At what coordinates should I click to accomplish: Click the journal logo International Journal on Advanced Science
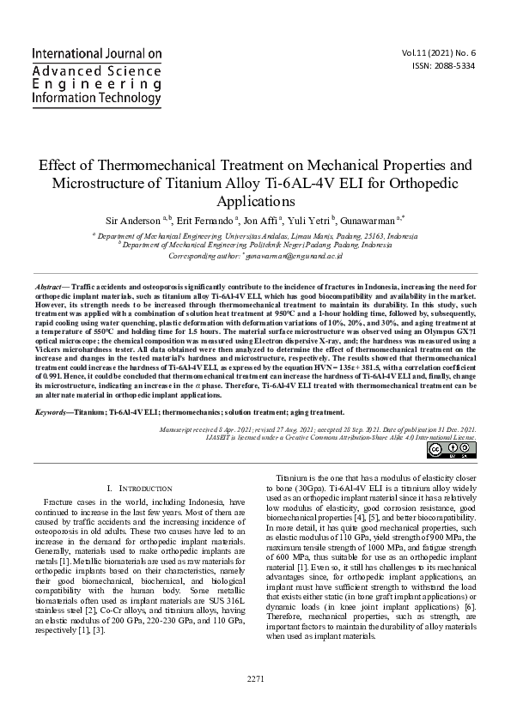pyautogui.click(x=96, y=76)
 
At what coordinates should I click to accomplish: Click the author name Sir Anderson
pyautogui.click(x=134, y=220)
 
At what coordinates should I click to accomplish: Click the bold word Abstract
pyautogui.click(x=48, y=284)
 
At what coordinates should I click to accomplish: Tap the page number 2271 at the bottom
pyautogui.click(x=255, y=703)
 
